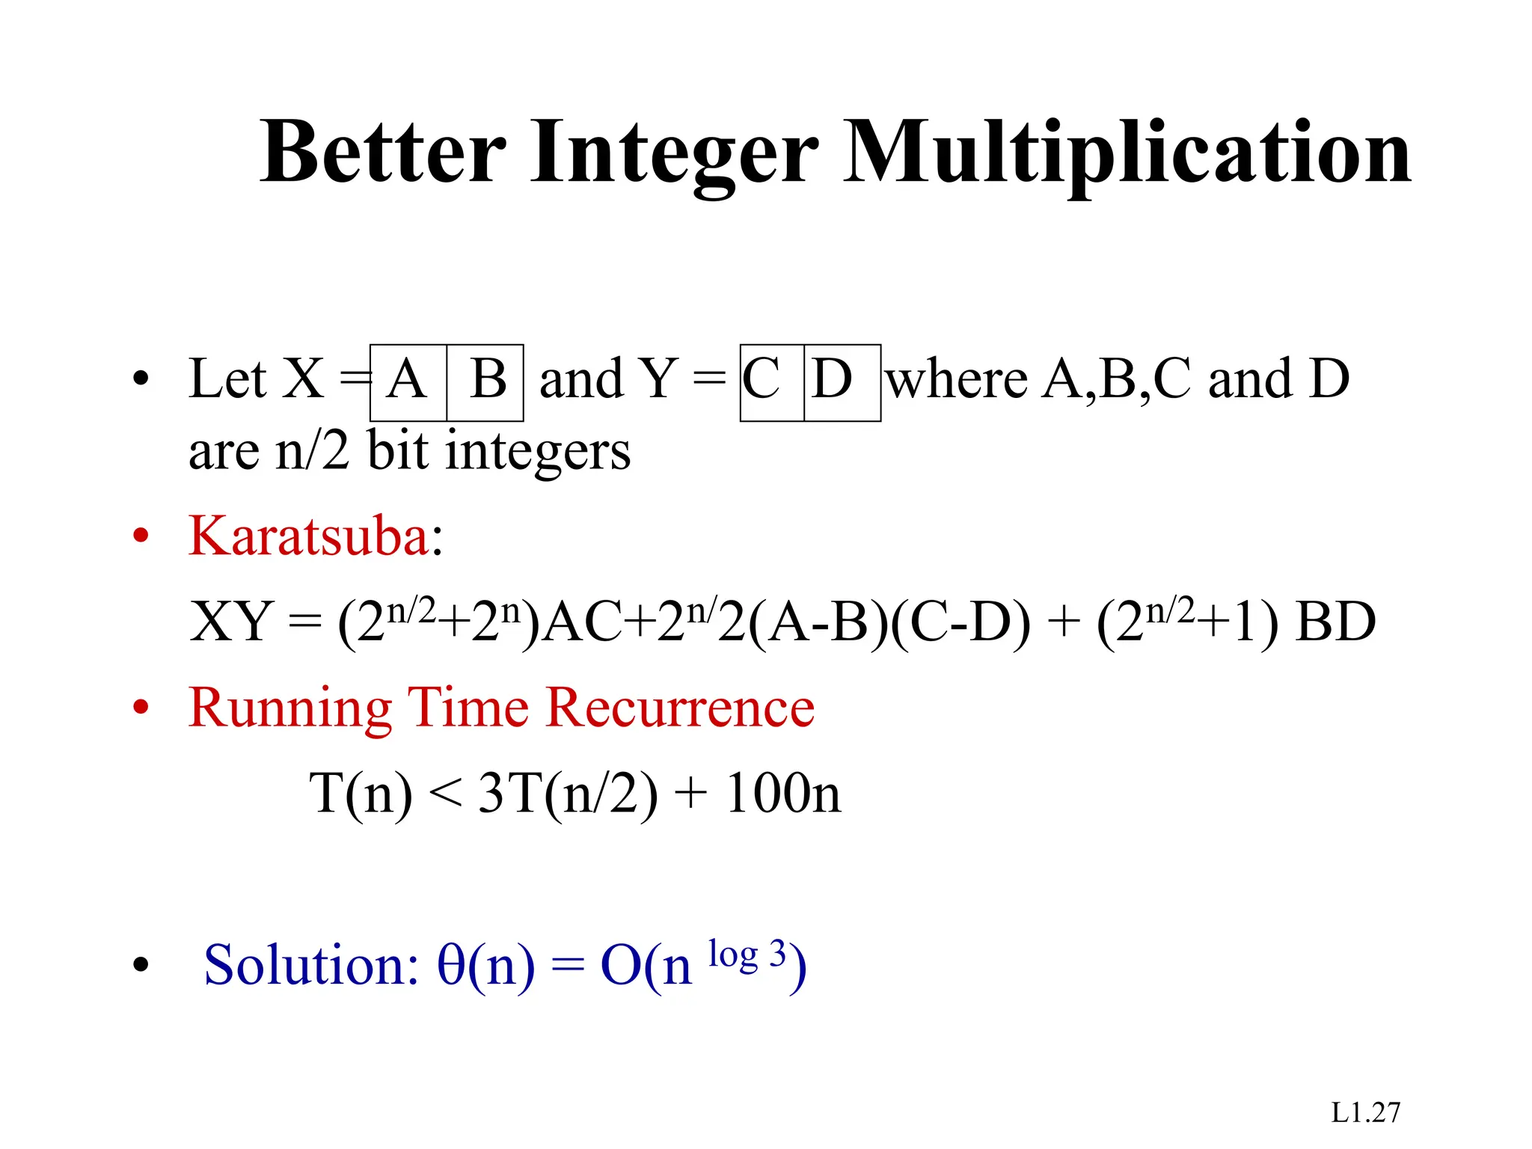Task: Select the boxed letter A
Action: tap(407, 379)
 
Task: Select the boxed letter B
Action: tap(488, 379)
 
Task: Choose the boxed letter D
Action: tap(832, 379)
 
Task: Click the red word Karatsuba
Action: tap(307, 536)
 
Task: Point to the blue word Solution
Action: tap(310, 965)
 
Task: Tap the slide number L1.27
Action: tap(1365, 1113)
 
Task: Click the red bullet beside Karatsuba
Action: tap(141, 536)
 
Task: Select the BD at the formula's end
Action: tap(1335, 622)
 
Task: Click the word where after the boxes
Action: tap(957, 379)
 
